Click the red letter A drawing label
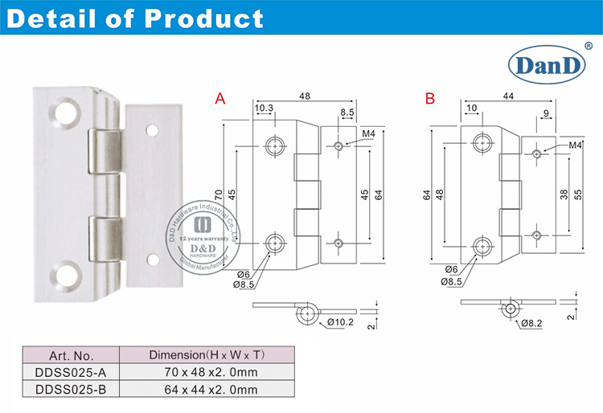point(219,100)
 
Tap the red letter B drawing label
point(429,100)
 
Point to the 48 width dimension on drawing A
point(306,96)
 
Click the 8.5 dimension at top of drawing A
point(347,112)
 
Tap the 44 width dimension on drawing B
point(508,96)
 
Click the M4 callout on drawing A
point(369,133)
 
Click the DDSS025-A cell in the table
point(71,372)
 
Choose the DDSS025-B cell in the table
point(71,390)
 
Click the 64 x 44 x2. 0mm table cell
point(206,390)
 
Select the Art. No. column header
point(71,354)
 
